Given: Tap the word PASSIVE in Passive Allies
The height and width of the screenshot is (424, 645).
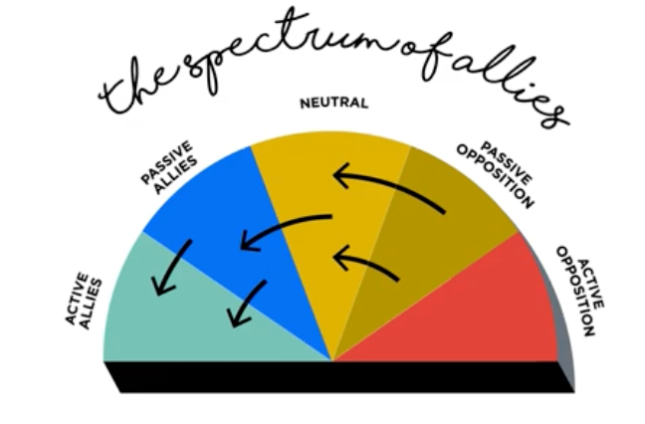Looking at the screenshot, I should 159,165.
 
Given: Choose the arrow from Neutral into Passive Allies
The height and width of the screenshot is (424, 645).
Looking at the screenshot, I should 284,226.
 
